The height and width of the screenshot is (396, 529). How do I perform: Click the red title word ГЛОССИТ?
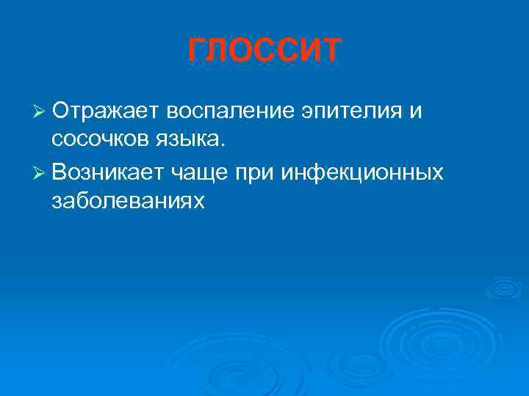pyautogui.click(x=264, y=50)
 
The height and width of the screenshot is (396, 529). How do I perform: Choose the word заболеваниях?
pyautogui.click(x=128, y=201)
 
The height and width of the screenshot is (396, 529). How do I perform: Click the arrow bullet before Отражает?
pyautogui.click(x=39, y=112)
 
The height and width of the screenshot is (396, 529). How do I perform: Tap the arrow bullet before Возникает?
pyautogui.click(x=39, y=172)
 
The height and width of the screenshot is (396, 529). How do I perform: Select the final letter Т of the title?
pyautogui.click(x=330, y=50)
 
